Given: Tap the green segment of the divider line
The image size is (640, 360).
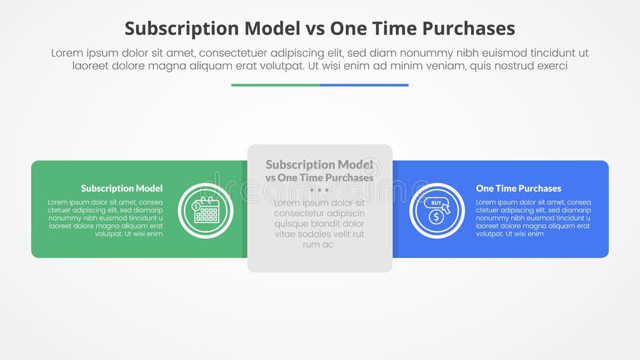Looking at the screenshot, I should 275,85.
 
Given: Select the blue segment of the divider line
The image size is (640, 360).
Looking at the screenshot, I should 364,85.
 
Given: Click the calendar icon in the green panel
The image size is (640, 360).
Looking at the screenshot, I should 206,210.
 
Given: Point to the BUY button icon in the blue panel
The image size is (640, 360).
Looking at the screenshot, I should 436,203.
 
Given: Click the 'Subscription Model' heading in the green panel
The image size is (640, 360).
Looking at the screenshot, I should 121,188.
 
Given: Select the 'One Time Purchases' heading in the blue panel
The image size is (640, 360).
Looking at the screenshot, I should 518,188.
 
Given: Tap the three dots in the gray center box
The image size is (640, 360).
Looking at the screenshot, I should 319,190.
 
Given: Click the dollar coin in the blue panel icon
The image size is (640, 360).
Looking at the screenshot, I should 436,217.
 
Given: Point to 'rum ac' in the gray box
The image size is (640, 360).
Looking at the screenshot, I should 319,245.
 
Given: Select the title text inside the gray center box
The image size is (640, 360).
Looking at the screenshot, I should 319,171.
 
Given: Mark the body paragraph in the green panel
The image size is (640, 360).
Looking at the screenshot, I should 105,218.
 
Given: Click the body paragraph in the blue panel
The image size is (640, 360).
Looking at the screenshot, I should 533,218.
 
